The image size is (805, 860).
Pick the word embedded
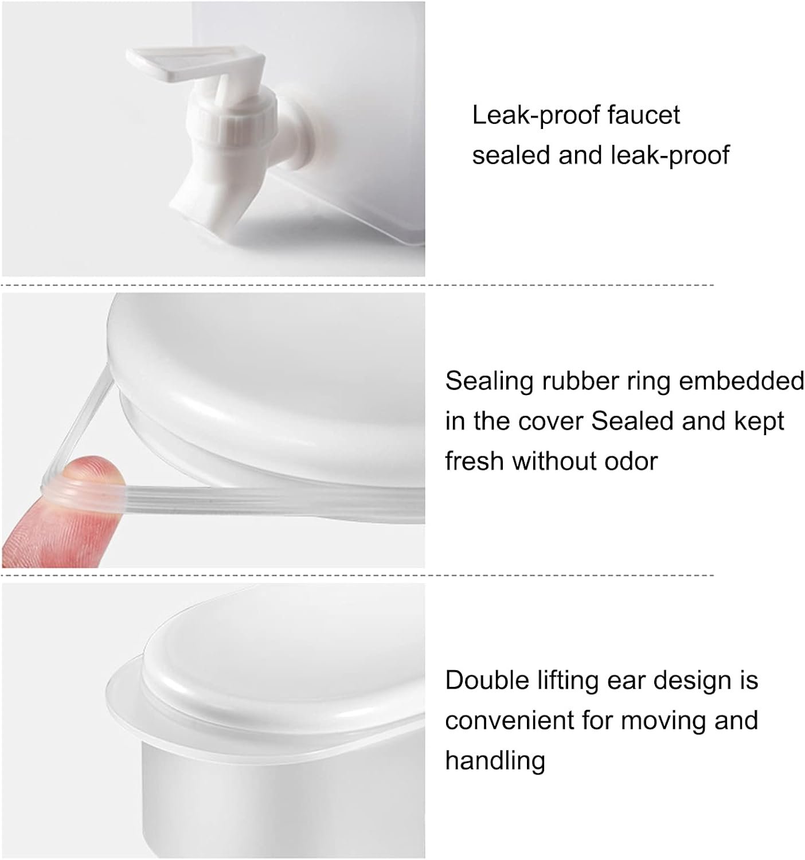tap(741, 381)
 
